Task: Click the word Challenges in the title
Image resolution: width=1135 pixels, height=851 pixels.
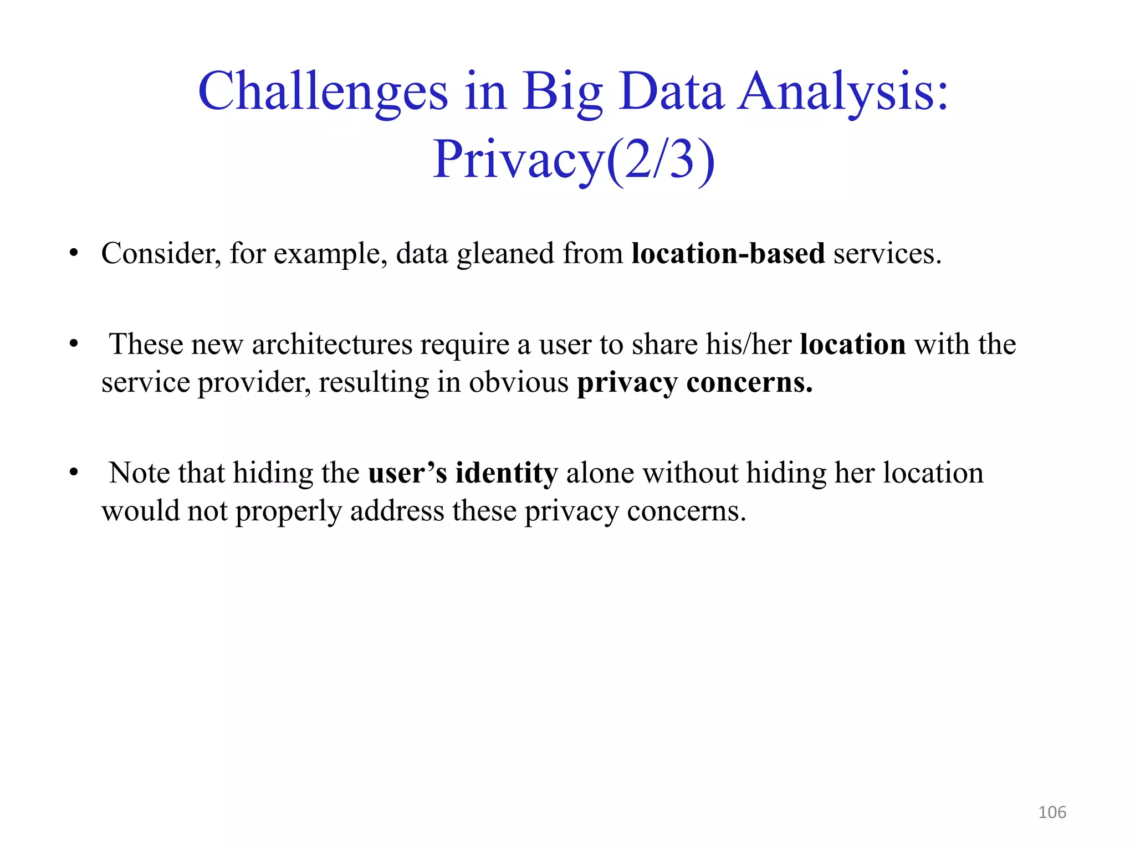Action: point(323,91)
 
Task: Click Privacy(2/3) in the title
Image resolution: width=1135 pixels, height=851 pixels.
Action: point(574,160)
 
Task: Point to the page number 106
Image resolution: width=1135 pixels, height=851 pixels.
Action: point(1052,812)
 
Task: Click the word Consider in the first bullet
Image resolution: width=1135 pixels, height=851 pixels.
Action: point(161,254)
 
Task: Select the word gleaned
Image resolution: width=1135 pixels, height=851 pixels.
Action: point(505,254)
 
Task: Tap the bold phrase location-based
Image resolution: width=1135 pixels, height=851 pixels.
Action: point(728,254)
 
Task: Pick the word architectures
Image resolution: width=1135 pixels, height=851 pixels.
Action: point(332,345)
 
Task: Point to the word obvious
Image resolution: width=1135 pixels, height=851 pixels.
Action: point(519,383)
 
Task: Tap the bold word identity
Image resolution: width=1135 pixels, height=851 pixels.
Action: point(507,473)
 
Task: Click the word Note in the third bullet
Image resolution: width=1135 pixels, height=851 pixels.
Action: point(139,473)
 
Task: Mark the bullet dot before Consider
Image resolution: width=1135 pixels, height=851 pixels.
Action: point(74,254)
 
